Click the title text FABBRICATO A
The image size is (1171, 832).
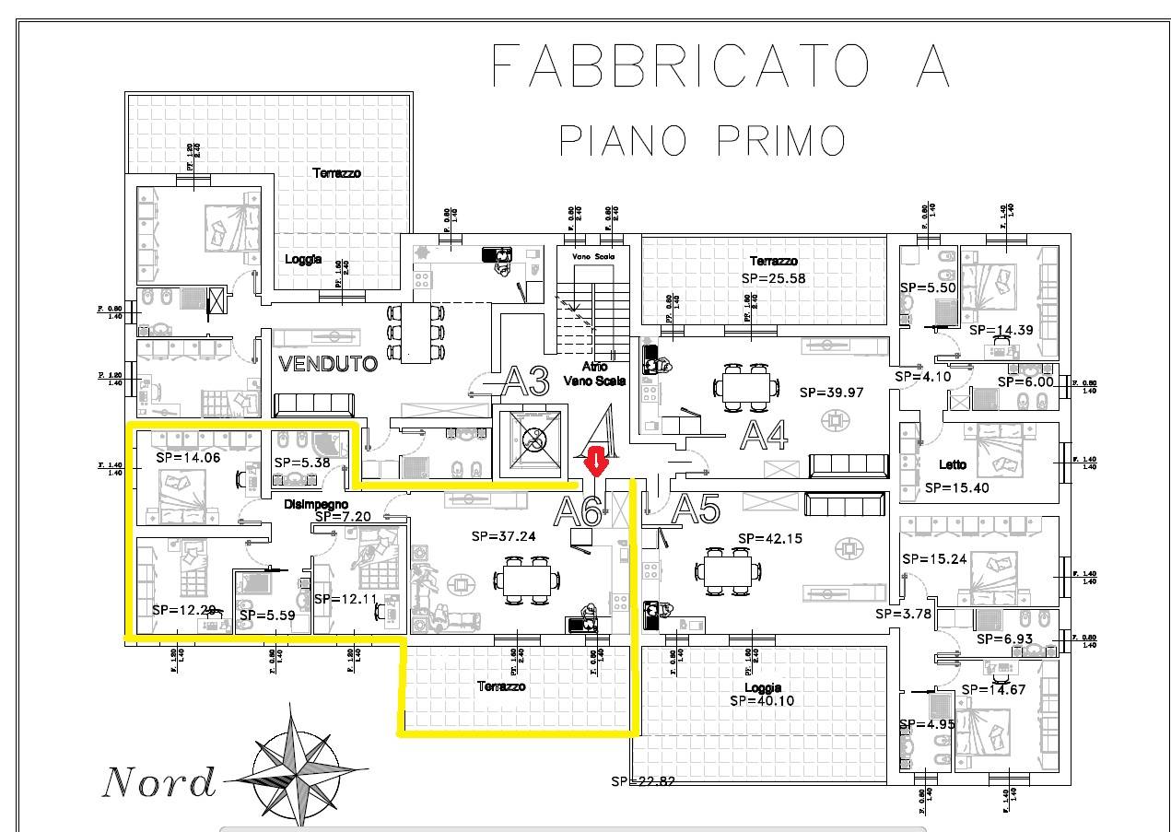click(x=721, y=66)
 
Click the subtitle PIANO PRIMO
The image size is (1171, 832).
click(x=702, y=141)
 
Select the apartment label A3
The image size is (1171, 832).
click(x=526, y=380)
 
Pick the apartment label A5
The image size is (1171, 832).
click(x=696, y=509)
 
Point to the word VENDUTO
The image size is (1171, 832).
click(x=328, y=364)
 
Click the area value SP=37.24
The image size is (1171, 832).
click(x=503, y=535)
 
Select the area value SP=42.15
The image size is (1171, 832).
click(x=770, y=538)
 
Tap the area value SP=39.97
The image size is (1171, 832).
click(x=831, y=392)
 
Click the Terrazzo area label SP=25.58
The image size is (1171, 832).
click(x=773, y=277)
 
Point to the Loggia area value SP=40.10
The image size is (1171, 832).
click(x=761, y=700)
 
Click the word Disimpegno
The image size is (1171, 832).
click(x=316, y=504)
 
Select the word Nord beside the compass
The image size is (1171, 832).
click(x=158, y=782)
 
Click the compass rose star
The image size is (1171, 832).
click(x=297, y=764)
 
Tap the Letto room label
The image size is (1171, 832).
click(x=953, y=464)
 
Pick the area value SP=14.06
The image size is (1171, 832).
click(x=187, y=455)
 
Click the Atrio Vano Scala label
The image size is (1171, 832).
click(x=595, y=373)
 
